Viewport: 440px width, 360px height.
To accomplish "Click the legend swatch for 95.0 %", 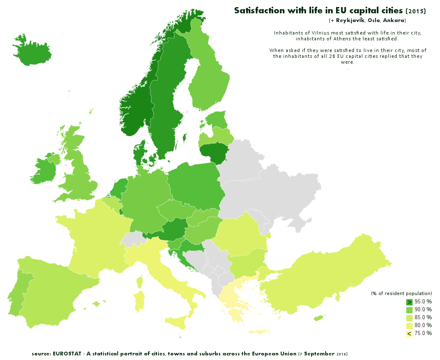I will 409,302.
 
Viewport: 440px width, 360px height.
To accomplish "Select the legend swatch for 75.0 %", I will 409,333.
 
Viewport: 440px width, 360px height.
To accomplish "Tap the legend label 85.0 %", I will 423,317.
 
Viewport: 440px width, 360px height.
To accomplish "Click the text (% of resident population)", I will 401,293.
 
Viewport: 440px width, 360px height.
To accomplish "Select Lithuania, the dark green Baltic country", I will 214,152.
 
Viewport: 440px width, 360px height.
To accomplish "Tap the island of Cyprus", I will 319,318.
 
